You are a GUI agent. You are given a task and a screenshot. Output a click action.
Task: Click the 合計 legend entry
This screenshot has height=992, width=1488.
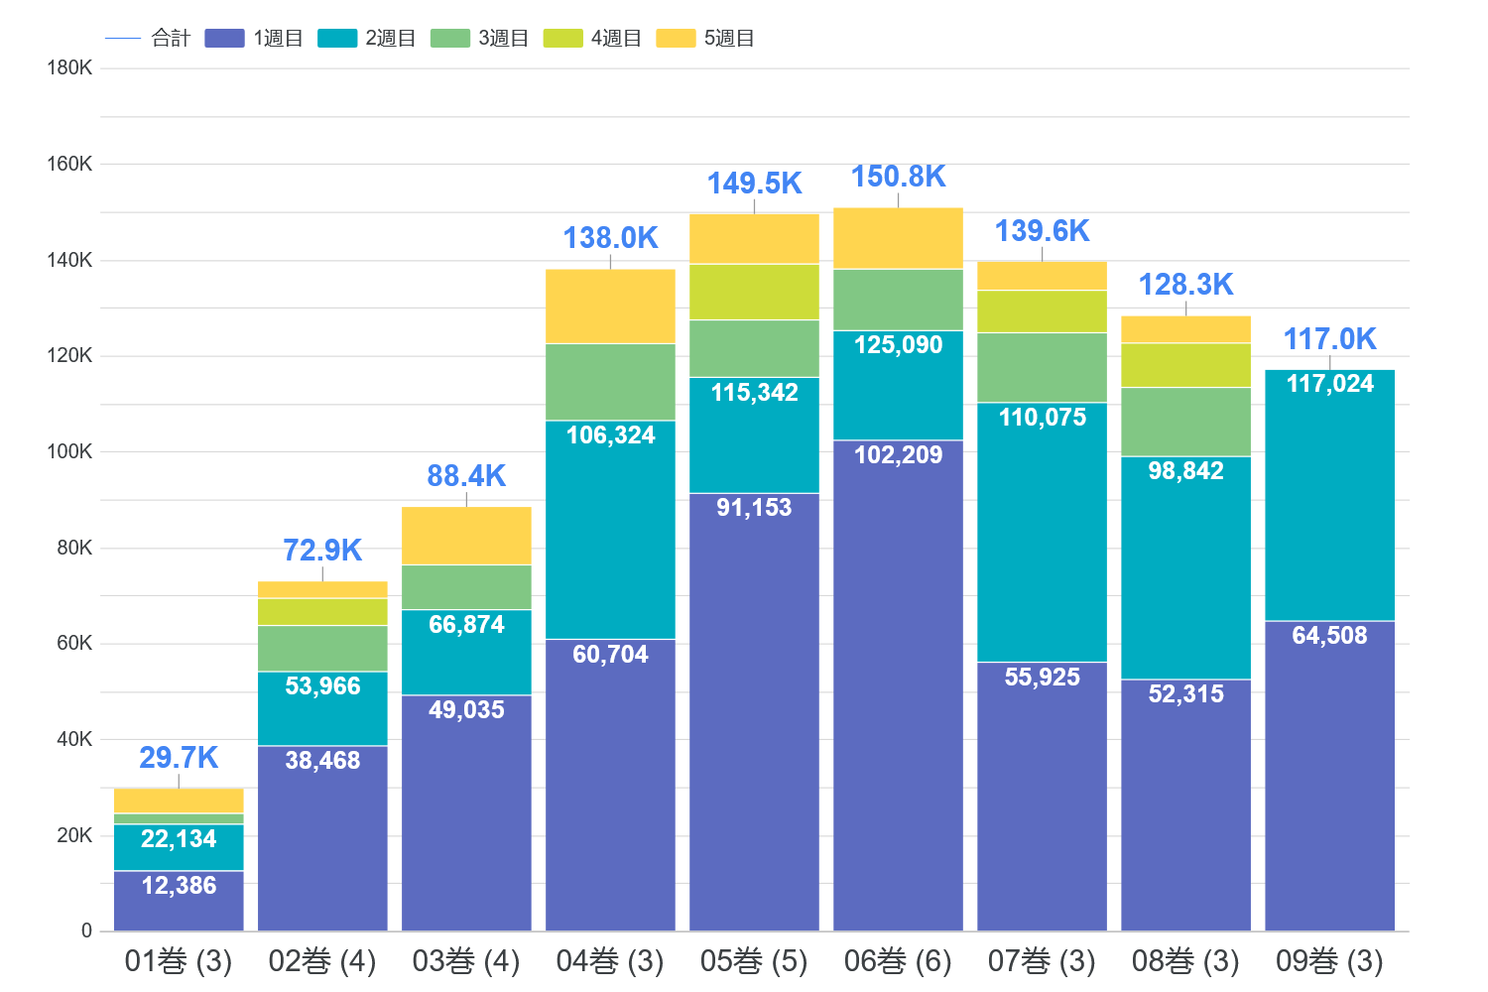tap(149, 39)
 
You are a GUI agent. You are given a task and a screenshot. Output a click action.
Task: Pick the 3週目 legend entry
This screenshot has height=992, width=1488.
tap(480, 39)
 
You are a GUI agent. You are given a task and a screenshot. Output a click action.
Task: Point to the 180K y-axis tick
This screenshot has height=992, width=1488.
tap(69, 67)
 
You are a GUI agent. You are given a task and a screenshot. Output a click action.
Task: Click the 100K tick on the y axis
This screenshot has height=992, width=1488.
tap(69, 451)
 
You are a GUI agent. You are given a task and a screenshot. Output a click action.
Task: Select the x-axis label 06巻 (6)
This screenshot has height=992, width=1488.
tap(898, 960)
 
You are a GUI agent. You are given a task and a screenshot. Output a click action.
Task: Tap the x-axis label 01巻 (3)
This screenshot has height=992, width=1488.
tap(179, 960)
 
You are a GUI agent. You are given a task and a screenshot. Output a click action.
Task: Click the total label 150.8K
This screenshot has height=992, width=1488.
tap(898, 177)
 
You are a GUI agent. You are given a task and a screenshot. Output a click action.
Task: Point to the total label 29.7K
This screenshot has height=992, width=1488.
tap(179, 758)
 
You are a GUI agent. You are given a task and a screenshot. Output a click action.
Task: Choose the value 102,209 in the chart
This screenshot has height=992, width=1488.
tap(898, 455)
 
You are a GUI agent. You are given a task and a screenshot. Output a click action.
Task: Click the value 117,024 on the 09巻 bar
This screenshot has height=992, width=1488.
tap(1329, 384)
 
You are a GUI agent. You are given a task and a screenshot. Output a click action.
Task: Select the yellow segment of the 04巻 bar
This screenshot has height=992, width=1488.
tap(610, 307)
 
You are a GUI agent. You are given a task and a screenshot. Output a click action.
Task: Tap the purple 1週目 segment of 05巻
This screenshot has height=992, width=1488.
tap(754, 714)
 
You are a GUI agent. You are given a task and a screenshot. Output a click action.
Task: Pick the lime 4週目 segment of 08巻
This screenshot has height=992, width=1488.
tap(1185, 365)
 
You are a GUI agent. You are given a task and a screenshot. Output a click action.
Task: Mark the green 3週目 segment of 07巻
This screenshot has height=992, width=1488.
tap(1042, 367)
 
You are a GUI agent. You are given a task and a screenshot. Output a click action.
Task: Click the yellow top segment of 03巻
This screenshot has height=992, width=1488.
tap(466, 536)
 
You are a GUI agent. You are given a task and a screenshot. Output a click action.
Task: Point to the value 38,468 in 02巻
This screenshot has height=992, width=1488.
tap(322, 761)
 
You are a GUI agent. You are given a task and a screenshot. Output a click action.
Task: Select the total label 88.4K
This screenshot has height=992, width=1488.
tap(466, 476)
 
